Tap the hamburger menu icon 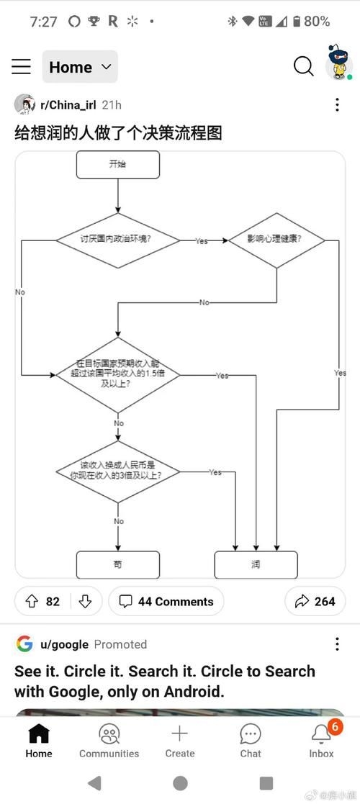pos(21,67)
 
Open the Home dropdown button pos(80,67)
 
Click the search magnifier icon pos(304,66)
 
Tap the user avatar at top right pos(338,65)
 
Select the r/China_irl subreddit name pos(68,105)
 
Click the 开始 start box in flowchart pos(117,165)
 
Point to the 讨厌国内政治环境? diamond pos(117,240)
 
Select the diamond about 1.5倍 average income pos(117,374)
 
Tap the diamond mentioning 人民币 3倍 pos(117,471)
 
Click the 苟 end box pos(117,565)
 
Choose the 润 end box pos(256,565)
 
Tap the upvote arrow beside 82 pos(31,601)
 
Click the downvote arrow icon pos(85,601)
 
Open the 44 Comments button pos(166,601)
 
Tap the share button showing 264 pos(315,601)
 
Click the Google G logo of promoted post pos(24,643)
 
